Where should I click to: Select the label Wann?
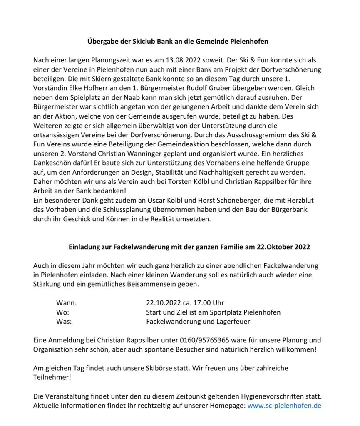tap(66, 303)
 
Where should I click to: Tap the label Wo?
tap(62, 312)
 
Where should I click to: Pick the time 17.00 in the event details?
tap(201, 303)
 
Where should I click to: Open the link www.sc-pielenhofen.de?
tap(284, 406)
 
